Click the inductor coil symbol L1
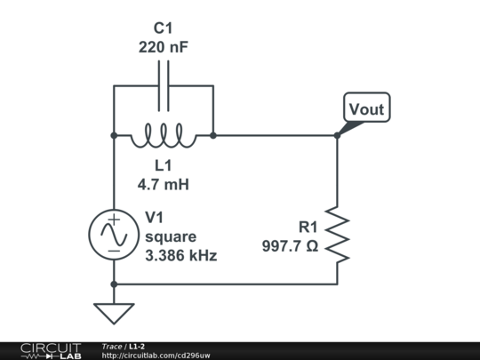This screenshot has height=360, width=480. click(x=164, y=136)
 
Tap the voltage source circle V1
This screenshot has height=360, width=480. click(x=114, y=236)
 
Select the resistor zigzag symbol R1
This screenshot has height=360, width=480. click(x=338, y=235)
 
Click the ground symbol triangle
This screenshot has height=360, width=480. click(x=114, y=313)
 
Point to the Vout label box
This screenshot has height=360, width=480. click(x=366, y=108)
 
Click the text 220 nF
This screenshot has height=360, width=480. click(x=164, y=47)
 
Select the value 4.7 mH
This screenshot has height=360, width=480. click(x=164, y=185)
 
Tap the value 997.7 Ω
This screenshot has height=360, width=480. click(x=290, y=245)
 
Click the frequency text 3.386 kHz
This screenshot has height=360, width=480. click(x=180, y=255)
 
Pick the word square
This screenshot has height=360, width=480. click(x=170, y=236)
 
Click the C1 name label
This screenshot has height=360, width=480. click(x=164, y=28)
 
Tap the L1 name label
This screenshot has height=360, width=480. click(x=164, y=166)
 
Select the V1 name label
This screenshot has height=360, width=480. click(x=155, y=218)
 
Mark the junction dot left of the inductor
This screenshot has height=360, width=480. click(x=114, y=136)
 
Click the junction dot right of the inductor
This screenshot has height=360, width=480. click(x=213, y=136)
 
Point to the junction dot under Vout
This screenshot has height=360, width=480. click(x=338, y=136)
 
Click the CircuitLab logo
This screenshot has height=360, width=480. click(x=50, y=350)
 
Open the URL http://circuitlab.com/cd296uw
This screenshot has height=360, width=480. click(x=156, y=356)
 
